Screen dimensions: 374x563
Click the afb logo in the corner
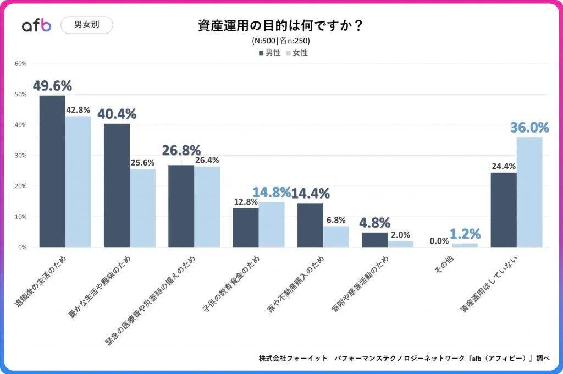pos(36,25)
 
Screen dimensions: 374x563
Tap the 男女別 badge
pos(86,25)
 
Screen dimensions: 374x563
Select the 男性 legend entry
pos(269,53)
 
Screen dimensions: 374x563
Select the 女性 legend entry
pos(297,53)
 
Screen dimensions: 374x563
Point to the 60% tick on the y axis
pos(21,64)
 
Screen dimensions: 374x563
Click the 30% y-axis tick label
pos(21,156)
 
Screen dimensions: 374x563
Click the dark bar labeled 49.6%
pos(52,171)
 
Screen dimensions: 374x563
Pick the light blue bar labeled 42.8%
pos(78,182)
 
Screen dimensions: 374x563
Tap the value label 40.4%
pos(117,114)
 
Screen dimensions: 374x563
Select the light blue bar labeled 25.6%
pos(142,208)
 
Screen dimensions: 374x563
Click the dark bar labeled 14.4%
pos(310,225)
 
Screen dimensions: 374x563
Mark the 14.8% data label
pos(272,193)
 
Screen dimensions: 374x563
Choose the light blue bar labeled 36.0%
pos(529,192)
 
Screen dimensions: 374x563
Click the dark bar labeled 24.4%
pos(504,210)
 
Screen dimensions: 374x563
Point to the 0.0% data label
pos(439,240)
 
